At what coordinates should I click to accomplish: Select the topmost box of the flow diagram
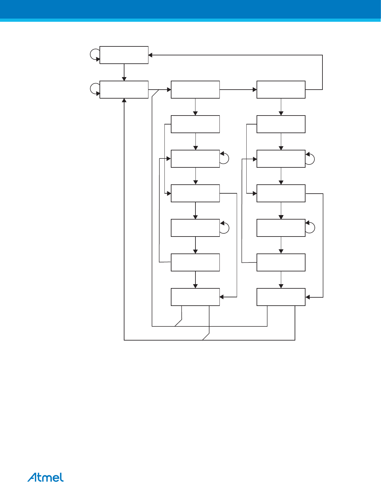[x=124, y=55]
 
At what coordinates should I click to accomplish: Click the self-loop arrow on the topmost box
[x=95, y=55]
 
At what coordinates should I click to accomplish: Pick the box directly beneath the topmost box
[x=124, y=90]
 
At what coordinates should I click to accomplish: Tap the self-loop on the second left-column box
[x=95, y=89]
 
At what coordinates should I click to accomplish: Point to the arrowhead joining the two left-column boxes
[x=124, y=79]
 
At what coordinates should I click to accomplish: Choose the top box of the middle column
[x=195, y=90]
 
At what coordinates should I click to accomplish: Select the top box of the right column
[x=281, y=90]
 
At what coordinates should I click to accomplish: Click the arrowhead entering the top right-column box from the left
[x=255, y=90]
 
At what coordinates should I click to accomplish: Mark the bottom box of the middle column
[x=195, y=297]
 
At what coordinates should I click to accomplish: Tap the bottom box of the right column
[x=281, y=297]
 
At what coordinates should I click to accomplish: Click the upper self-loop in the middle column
[x=225, y=158]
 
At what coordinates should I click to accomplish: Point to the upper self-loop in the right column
[x=310, y=158]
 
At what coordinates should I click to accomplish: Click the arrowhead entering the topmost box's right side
[x=150, y=55]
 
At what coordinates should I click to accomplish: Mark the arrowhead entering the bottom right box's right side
[x=307, y=297]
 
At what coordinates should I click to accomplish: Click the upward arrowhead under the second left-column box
[x=124, y=100]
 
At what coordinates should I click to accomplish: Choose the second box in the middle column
[x=195, y=124]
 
